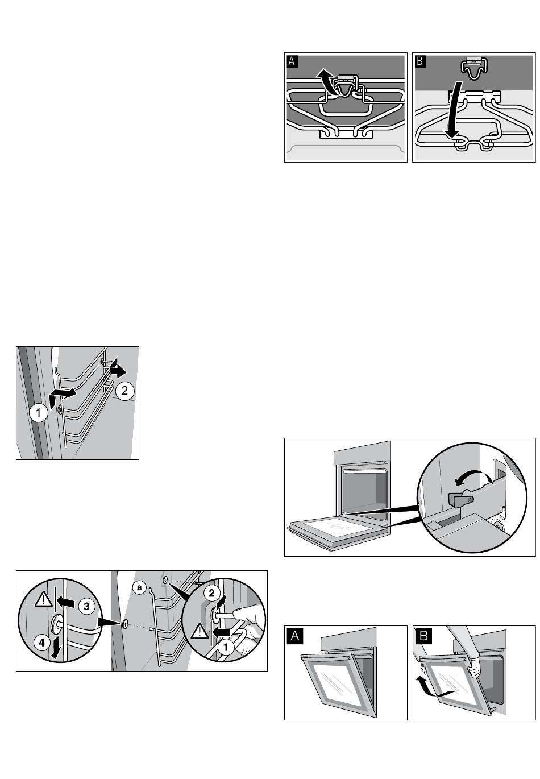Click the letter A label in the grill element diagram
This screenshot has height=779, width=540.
tap(292, 61)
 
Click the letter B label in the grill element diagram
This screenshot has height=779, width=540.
tap(421, 61)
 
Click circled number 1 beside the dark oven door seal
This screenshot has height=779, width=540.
tap(39, 412)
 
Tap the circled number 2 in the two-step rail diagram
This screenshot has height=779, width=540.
tap(124, 391)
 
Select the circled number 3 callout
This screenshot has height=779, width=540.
tap(86, 607)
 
